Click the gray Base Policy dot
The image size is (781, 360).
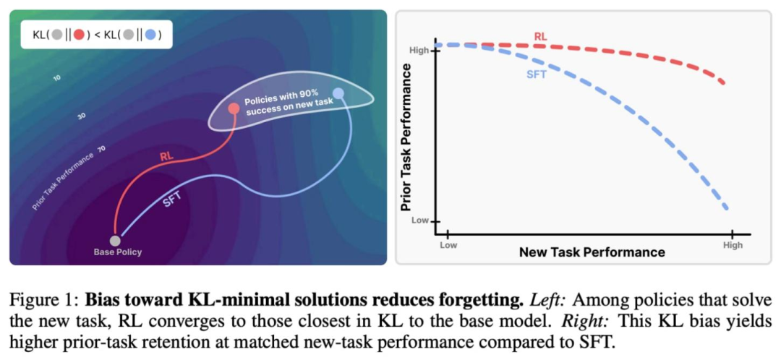(115, 240)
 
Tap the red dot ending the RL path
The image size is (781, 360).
(234, 109)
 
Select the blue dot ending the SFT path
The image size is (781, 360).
(338, 93)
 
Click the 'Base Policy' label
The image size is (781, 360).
(118, 252)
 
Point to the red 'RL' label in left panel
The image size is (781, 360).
(167, 155)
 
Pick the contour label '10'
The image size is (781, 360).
(57, 77)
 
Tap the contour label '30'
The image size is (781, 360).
(82, 116)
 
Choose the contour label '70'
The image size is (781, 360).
(101, 148)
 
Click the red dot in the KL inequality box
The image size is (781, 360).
(80, 34)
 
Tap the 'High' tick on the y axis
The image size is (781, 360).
(420, 51)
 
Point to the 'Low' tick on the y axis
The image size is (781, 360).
(421, 220)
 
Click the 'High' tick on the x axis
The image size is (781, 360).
(733, 245)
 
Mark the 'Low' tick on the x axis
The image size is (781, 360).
(448, 245)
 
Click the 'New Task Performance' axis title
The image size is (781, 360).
(592, 252)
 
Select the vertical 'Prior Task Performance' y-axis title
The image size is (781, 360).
(406, 137)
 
